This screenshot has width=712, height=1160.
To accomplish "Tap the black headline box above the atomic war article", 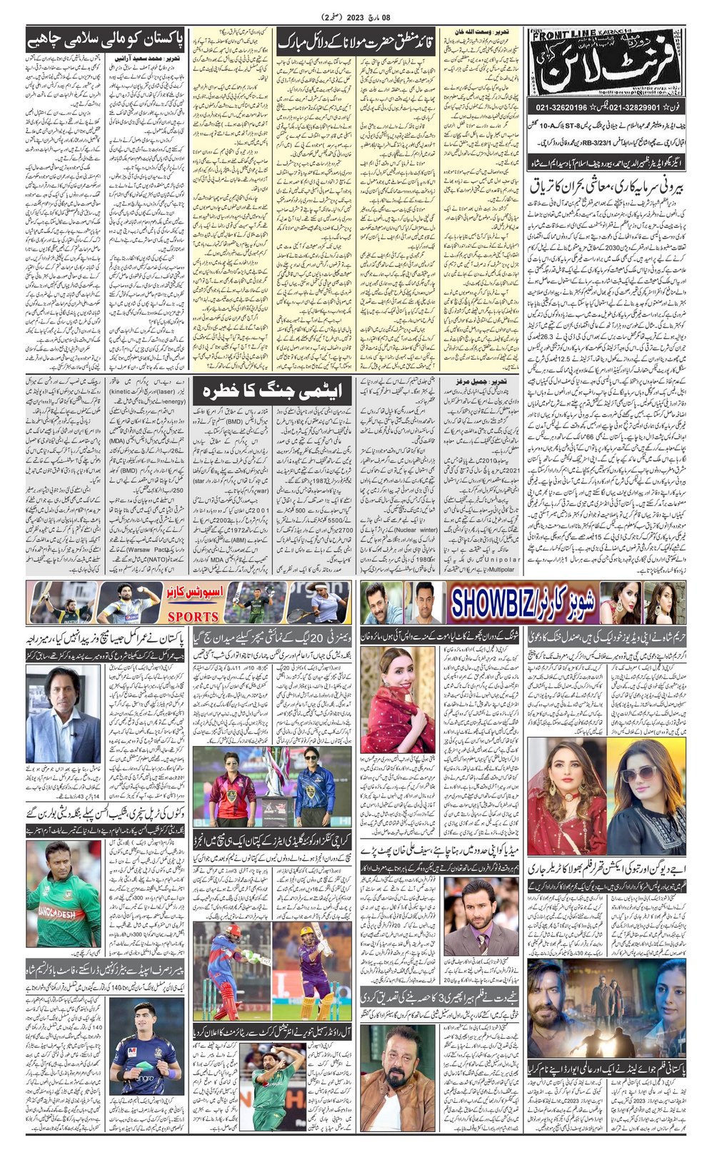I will point(273,390).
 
